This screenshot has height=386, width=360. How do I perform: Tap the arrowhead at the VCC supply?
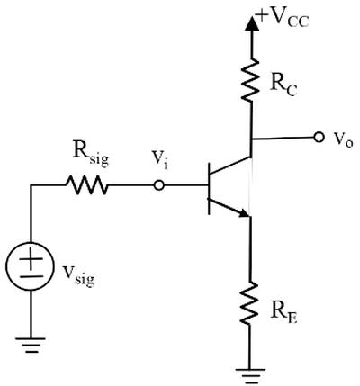point(251,23)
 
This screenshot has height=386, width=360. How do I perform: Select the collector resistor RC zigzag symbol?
point(250,80)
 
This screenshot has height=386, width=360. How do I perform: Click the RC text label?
point(283,85)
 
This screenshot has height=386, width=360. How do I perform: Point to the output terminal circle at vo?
point(319,138)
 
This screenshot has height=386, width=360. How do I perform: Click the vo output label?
point(342,139)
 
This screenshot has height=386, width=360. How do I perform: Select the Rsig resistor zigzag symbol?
point(86,185)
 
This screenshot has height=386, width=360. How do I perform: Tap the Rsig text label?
point(91,155)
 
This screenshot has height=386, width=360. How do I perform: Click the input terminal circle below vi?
point(158,185)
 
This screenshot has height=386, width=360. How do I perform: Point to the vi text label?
point(160,160)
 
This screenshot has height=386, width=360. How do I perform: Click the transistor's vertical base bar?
point(209,189)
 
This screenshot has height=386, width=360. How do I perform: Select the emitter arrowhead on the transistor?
point(244,212)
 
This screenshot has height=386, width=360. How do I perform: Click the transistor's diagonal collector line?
point(230,166)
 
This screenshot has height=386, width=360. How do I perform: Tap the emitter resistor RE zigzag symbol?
point(249,302)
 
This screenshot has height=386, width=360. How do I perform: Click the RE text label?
point(283,314)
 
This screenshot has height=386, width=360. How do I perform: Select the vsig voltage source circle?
point(30,266)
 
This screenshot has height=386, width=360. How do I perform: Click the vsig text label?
point(78,274)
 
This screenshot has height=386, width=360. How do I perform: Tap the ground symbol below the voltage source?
point(31,346)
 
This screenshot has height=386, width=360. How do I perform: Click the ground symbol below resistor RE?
point(250,376)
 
